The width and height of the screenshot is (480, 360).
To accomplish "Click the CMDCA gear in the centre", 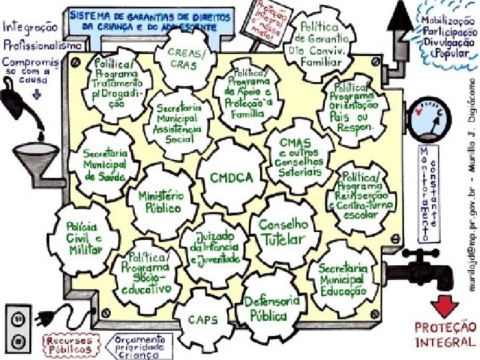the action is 231,177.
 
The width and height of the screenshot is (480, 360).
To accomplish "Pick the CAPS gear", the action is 203,320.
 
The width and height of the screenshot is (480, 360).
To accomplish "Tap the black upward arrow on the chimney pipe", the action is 402,15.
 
